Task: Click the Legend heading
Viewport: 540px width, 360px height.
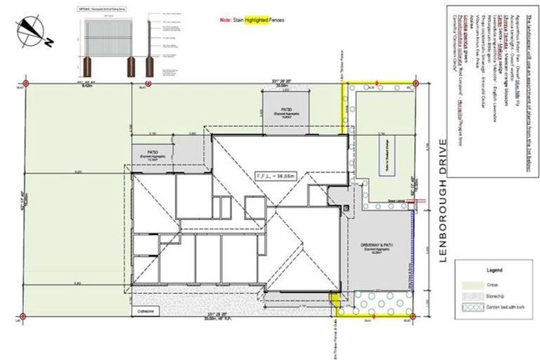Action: click(494, 269)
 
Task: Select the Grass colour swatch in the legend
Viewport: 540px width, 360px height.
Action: click(470, 284)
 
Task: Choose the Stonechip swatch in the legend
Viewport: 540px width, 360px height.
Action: click(470, 296)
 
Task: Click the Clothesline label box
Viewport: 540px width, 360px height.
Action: click(146, 309)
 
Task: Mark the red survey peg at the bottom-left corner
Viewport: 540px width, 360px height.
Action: click(23, 315)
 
